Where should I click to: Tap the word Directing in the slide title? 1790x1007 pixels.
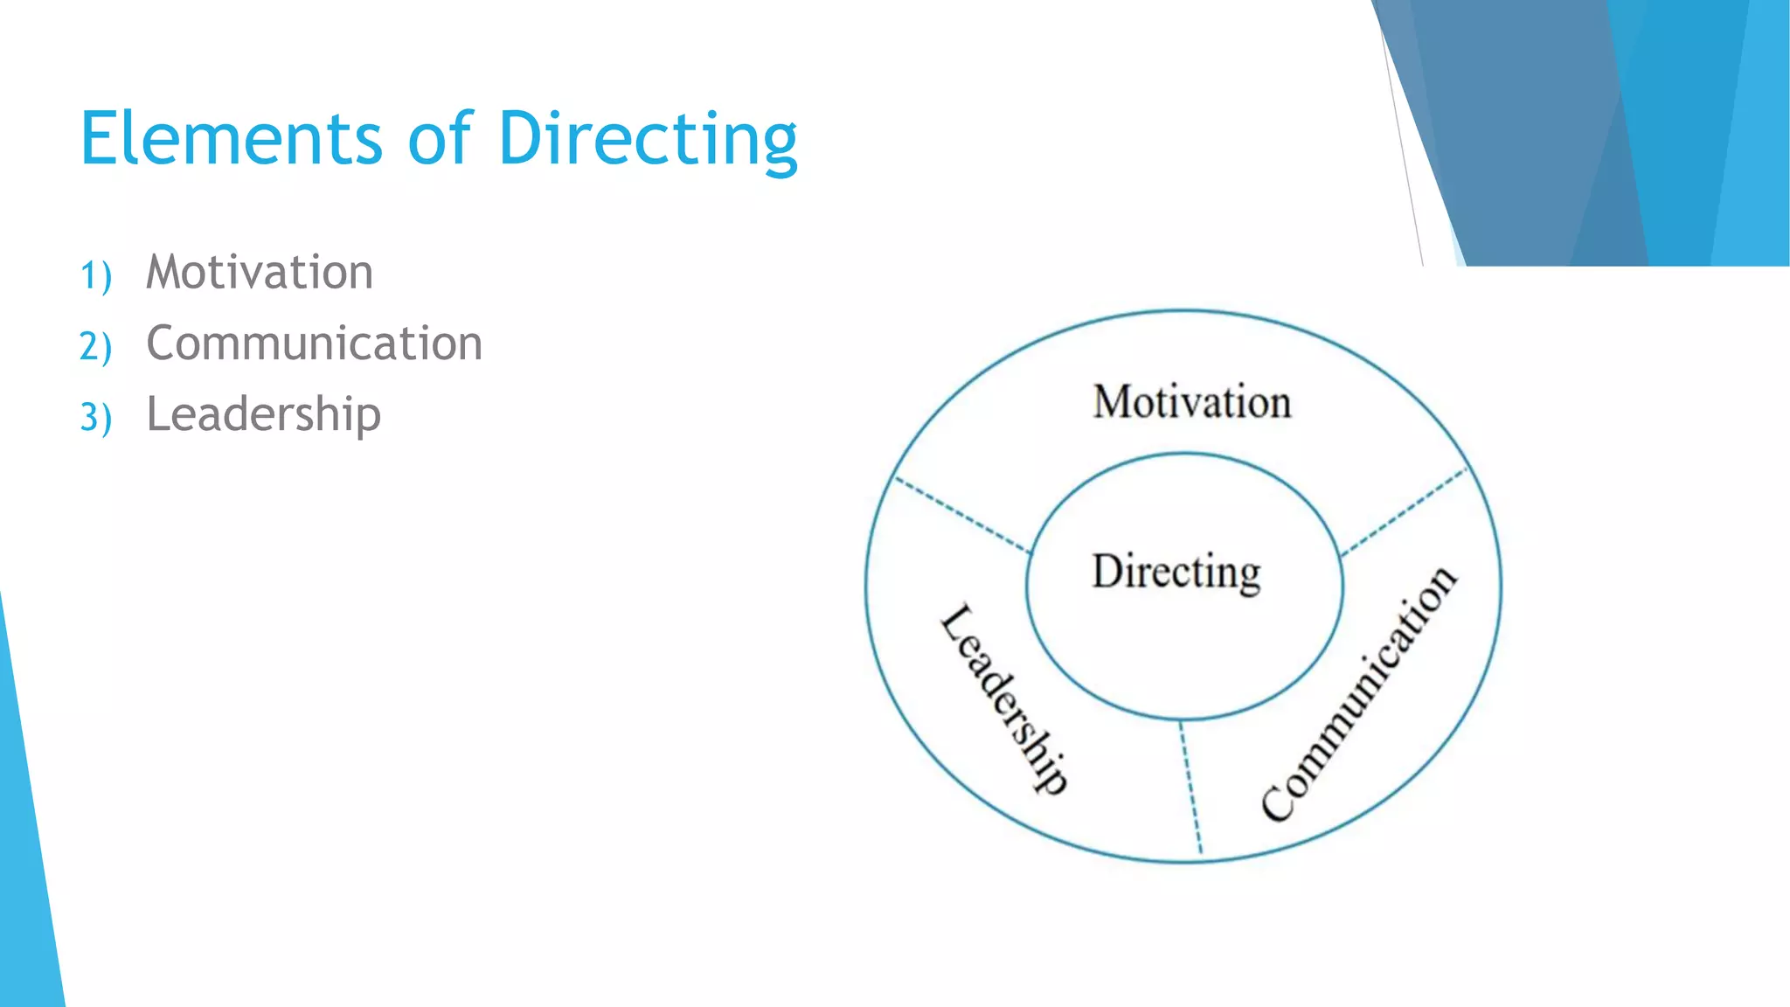(x=648, y=140)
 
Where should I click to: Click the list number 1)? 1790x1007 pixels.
(x=95, y=275)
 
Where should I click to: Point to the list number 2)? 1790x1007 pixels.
(x=95, y=346)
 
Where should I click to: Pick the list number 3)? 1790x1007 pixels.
(x=95, y=417)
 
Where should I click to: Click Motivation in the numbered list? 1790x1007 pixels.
(x=260, y=272)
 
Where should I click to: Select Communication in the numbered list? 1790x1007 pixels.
(x=314, y=343)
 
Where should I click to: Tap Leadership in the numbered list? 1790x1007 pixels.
(x=263, y=414)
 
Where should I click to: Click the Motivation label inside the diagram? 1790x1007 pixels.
(x=1191, y=402)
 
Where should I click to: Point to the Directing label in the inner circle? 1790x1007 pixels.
(x=1176, y=573)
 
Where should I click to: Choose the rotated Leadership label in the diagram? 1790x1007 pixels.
(x=1004, y=698)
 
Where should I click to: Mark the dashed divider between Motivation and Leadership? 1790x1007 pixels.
(x=962, y=515)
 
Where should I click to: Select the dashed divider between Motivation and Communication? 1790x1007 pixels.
(x=1405, y=512)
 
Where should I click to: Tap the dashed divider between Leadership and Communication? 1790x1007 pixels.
(x=1190, y=787)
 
